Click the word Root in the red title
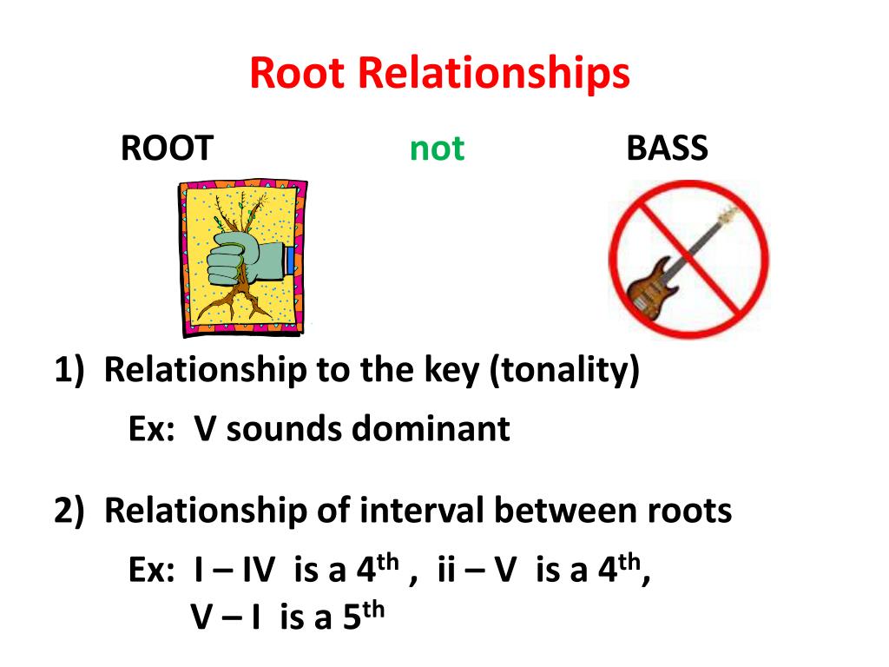point(298,74)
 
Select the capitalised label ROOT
point(167,149)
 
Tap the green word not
point(437,149)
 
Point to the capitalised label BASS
point(667,149)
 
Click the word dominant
point(431,428)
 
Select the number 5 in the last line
point(350,618)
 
